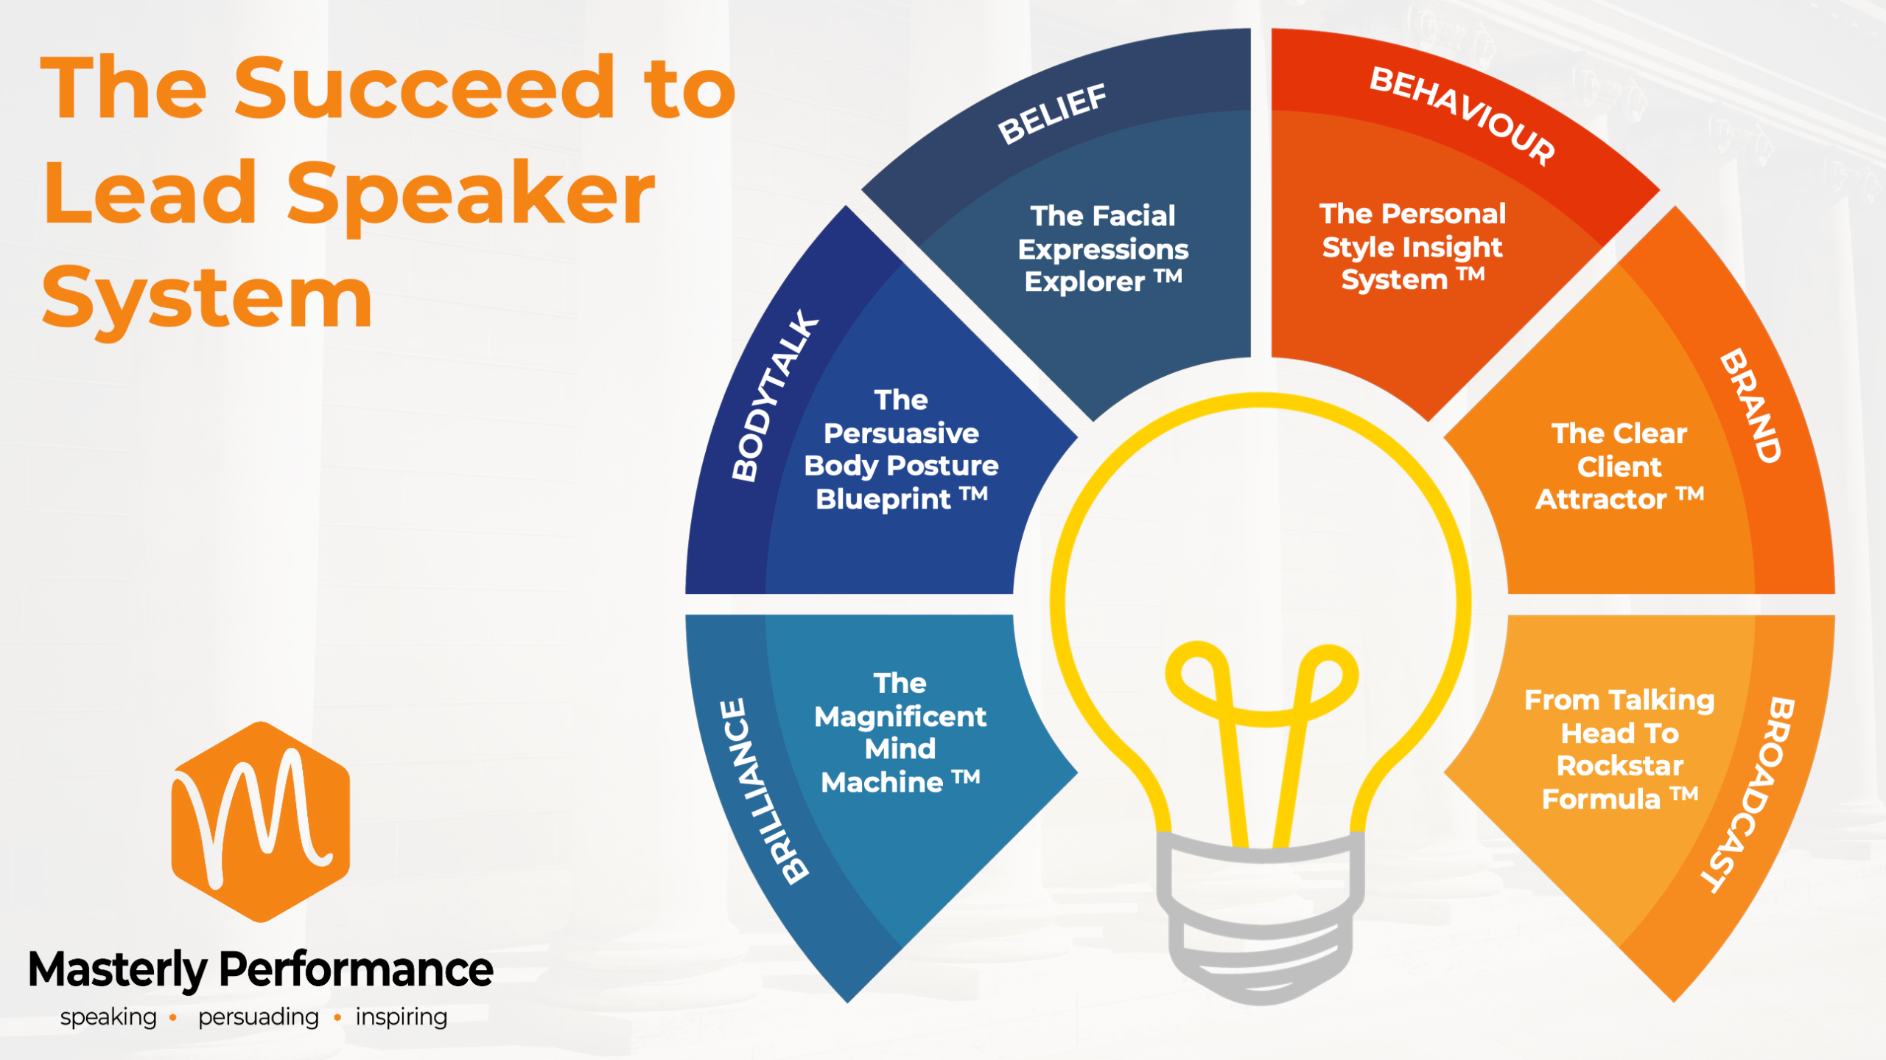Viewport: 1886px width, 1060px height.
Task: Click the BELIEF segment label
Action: tap(1051, 114)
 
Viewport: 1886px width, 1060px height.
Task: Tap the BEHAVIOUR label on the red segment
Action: tap(1462, 115)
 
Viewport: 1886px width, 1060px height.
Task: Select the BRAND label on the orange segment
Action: tap(1750, 405)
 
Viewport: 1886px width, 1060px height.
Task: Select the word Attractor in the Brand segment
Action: tap(1600, 500)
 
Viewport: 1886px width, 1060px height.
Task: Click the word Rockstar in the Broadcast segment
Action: tap(1620, 766)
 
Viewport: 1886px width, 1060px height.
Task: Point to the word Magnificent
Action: tap(900, 716)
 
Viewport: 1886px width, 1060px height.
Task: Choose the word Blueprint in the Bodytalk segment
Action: tap(883, 500)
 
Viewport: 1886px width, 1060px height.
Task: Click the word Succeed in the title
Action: tap(424, 88)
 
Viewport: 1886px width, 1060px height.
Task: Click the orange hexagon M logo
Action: tap(260, 821)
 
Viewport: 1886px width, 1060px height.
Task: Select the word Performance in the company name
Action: tap(356, 969)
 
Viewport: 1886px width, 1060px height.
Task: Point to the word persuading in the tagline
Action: tap(258, 1017)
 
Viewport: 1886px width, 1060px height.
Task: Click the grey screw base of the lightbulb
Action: tap(1261, 914)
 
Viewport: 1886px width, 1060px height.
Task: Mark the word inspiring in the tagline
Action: tap(401, 1017)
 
